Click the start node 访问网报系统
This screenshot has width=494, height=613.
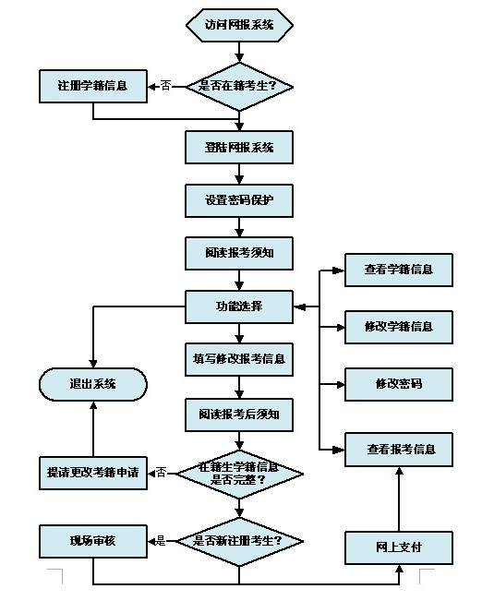pyautogui.click(x=239, y=25)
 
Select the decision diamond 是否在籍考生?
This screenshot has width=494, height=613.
pyautogui.click(x=239, y=86)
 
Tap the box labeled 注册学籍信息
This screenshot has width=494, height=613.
pyautogui.click(x=93, y=86)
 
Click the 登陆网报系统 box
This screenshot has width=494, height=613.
pyautogui.click(x=239, y=147)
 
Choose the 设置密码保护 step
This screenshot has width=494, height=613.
pyautogui.click(x=239, y=199)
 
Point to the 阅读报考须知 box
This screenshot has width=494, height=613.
pyautogui.click(x=239, y=252)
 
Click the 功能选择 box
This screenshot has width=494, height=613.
pyautogui.click(x=239, y=306)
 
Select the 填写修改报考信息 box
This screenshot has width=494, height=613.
pyautogui.click(x=239, y=359)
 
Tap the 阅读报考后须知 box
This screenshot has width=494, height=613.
pyautogui.click(x=239, y=414)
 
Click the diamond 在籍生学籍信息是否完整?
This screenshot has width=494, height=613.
pyautogui.click(x=239, y=473)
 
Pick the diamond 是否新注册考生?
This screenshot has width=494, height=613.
pyautogui.click(x=239, y=540)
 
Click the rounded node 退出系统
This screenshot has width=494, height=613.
pyautogui.click(x=93, y=384)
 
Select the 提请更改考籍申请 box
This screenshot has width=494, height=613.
pyautogui.click(x=93, y=472)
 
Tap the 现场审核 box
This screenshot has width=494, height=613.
pyautogui.click(x=93, y=540)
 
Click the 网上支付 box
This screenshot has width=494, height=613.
pyautogui.click(x=399, y=547)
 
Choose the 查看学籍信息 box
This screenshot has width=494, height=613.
pyautogui.click(x=399, y=270)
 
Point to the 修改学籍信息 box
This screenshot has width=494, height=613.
pyautogui.click(x=399, y=327)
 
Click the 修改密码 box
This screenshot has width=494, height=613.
pyautogui.click(x=399, y=383)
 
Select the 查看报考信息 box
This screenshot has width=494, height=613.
pyautogui.click(x=399, y=450)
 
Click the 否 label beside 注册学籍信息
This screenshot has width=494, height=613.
pyautogui.click(x=165, y=86)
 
